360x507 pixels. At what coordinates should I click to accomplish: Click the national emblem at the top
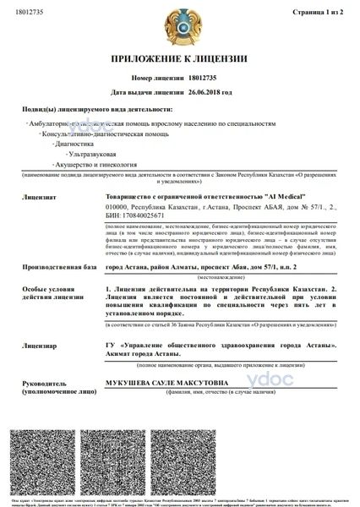click(179, 26)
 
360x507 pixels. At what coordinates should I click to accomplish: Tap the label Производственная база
click(52, 267)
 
